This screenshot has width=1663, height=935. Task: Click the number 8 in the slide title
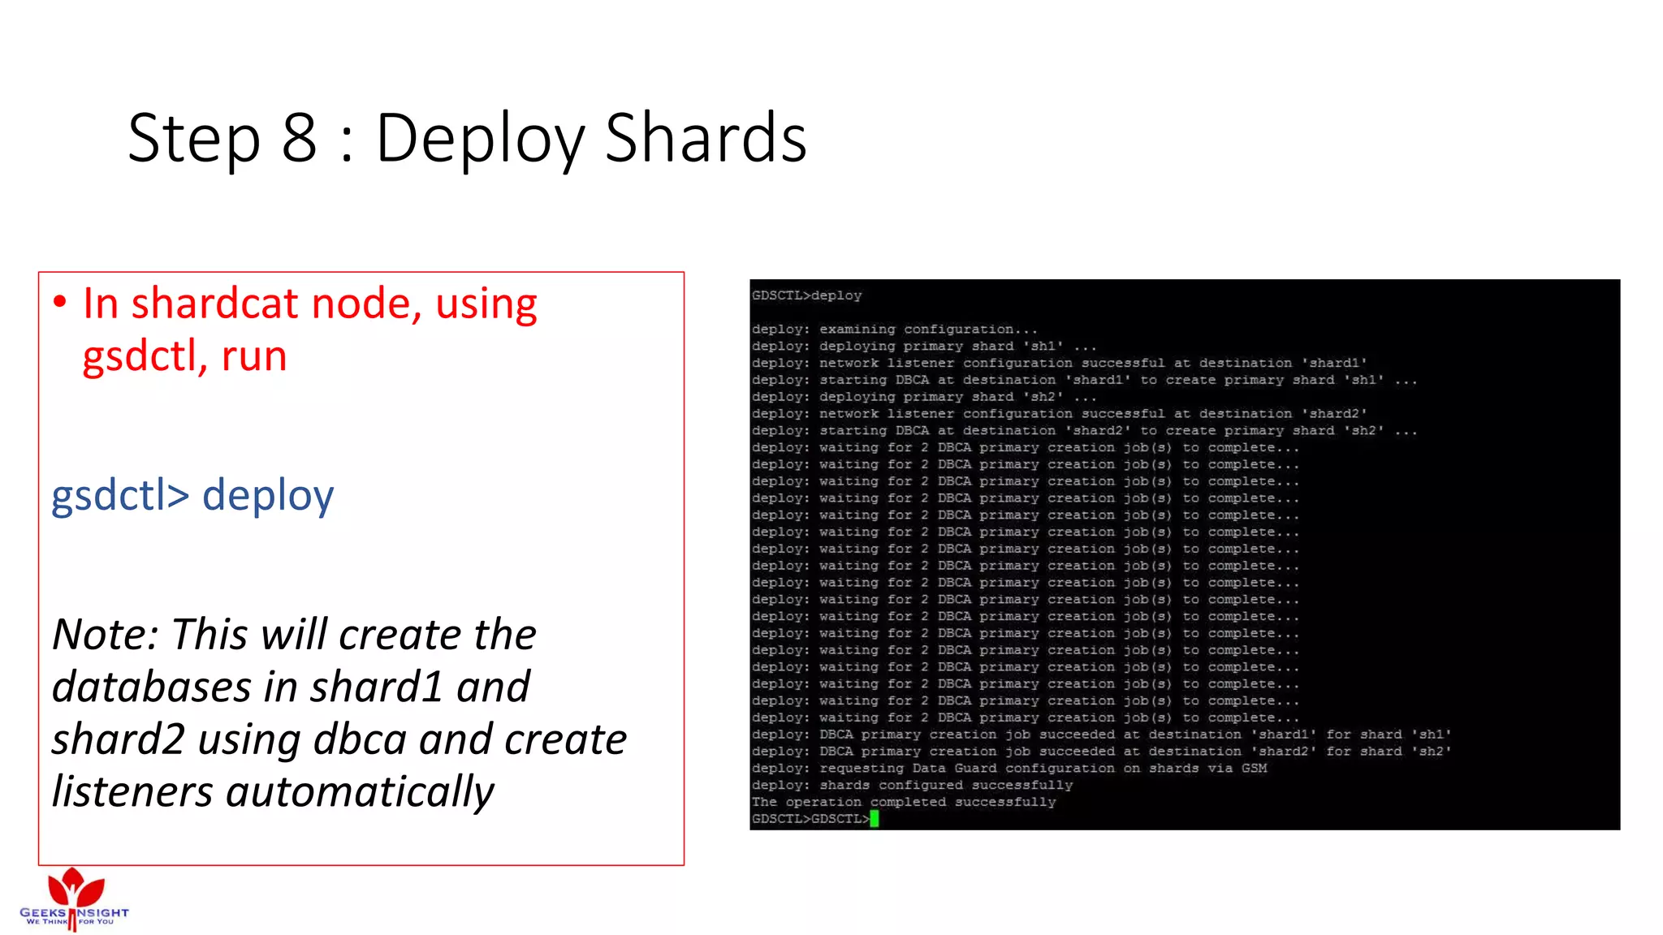coord(299,138)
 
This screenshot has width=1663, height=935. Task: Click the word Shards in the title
coord(706,138)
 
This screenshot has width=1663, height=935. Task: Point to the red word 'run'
coord(254,357)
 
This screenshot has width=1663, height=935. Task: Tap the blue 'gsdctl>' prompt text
coord(120,495)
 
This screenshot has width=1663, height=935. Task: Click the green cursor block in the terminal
coord(875,819)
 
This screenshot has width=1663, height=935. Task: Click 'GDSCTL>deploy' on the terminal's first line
coord(806,295)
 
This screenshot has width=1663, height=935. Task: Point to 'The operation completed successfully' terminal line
coord(904,802)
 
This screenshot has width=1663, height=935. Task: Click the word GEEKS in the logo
coord(43,912)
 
